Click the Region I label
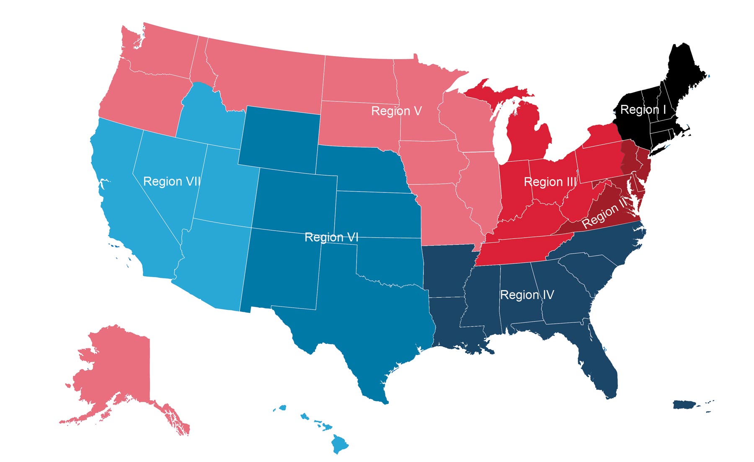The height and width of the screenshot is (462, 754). point(643,110)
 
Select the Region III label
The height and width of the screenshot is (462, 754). point(550,182)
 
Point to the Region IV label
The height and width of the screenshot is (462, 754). point(527,295)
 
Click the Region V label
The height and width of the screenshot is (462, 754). point(396,111)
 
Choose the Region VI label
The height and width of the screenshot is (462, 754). point(331,237)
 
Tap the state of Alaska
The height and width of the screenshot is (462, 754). point(113,369)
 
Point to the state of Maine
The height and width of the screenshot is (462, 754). point(683,71)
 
